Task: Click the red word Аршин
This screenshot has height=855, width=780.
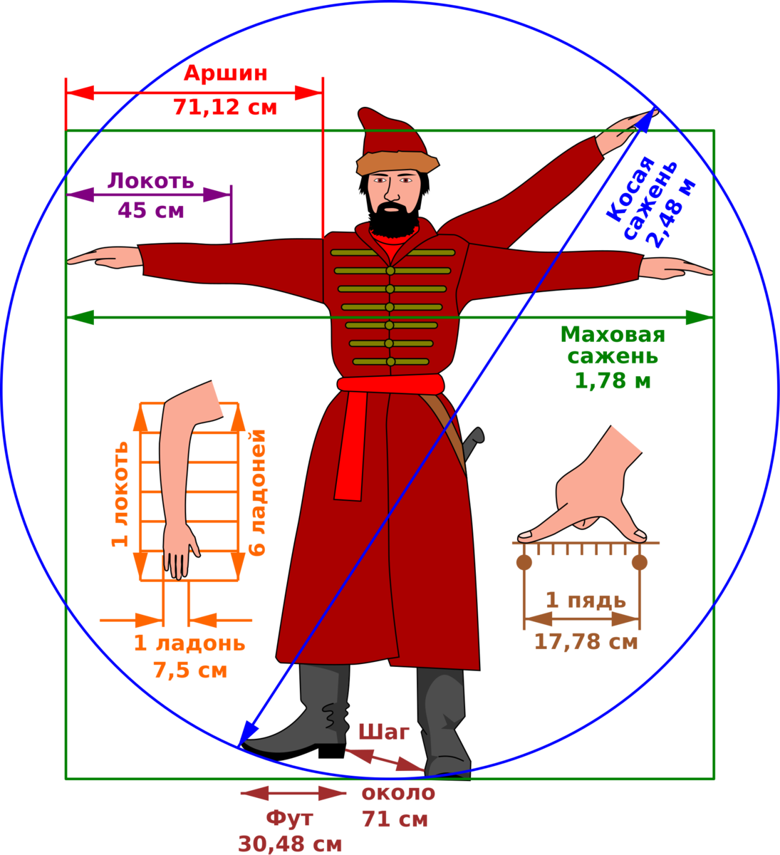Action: [x=226, y=73]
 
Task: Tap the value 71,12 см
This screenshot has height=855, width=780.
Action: [x=225, y=108]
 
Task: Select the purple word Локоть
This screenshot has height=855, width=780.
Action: [x=151, y=181]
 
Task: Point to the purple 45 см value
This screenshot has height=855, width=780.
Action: [x=151, y=211]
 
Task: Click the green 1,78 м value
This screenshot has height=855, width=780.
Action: [x=613, y=381]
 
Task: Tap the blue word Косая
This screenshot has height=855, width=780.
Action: [x=631, y=190]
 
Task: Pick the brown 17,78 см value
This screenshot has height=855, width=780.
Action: [x=586, y=642]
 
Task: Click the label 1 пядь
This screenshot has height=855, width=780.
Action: [x=586, y=601]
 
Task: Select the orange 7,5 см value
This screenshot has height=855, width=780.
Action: [x=190, y=670]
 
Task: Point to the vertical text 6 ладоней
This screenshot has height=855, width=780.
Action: [x=256, y=493]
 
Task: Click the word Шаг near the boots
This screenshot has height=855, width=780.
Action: [x=384, y=732]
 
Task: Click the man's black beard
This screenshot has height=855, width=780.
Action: [x=393, y=219]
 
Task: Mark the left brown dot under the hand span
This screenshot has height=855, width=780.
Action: [x=524, y=563]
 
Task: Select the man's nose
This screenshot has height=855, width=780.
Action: [x=392, y=192]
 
